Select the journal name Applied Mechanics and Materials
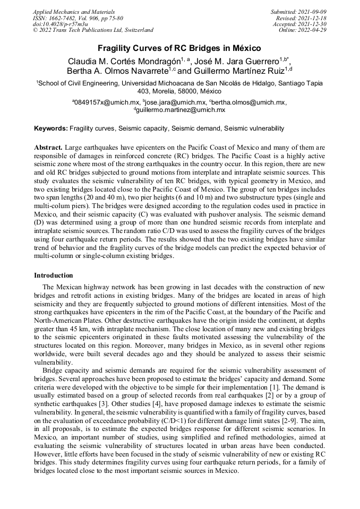72,11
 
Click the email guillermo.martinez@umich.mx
181,110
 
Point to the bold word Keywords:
51,128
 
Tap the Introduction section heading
54,275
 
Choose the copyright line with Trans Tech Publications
93,30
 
